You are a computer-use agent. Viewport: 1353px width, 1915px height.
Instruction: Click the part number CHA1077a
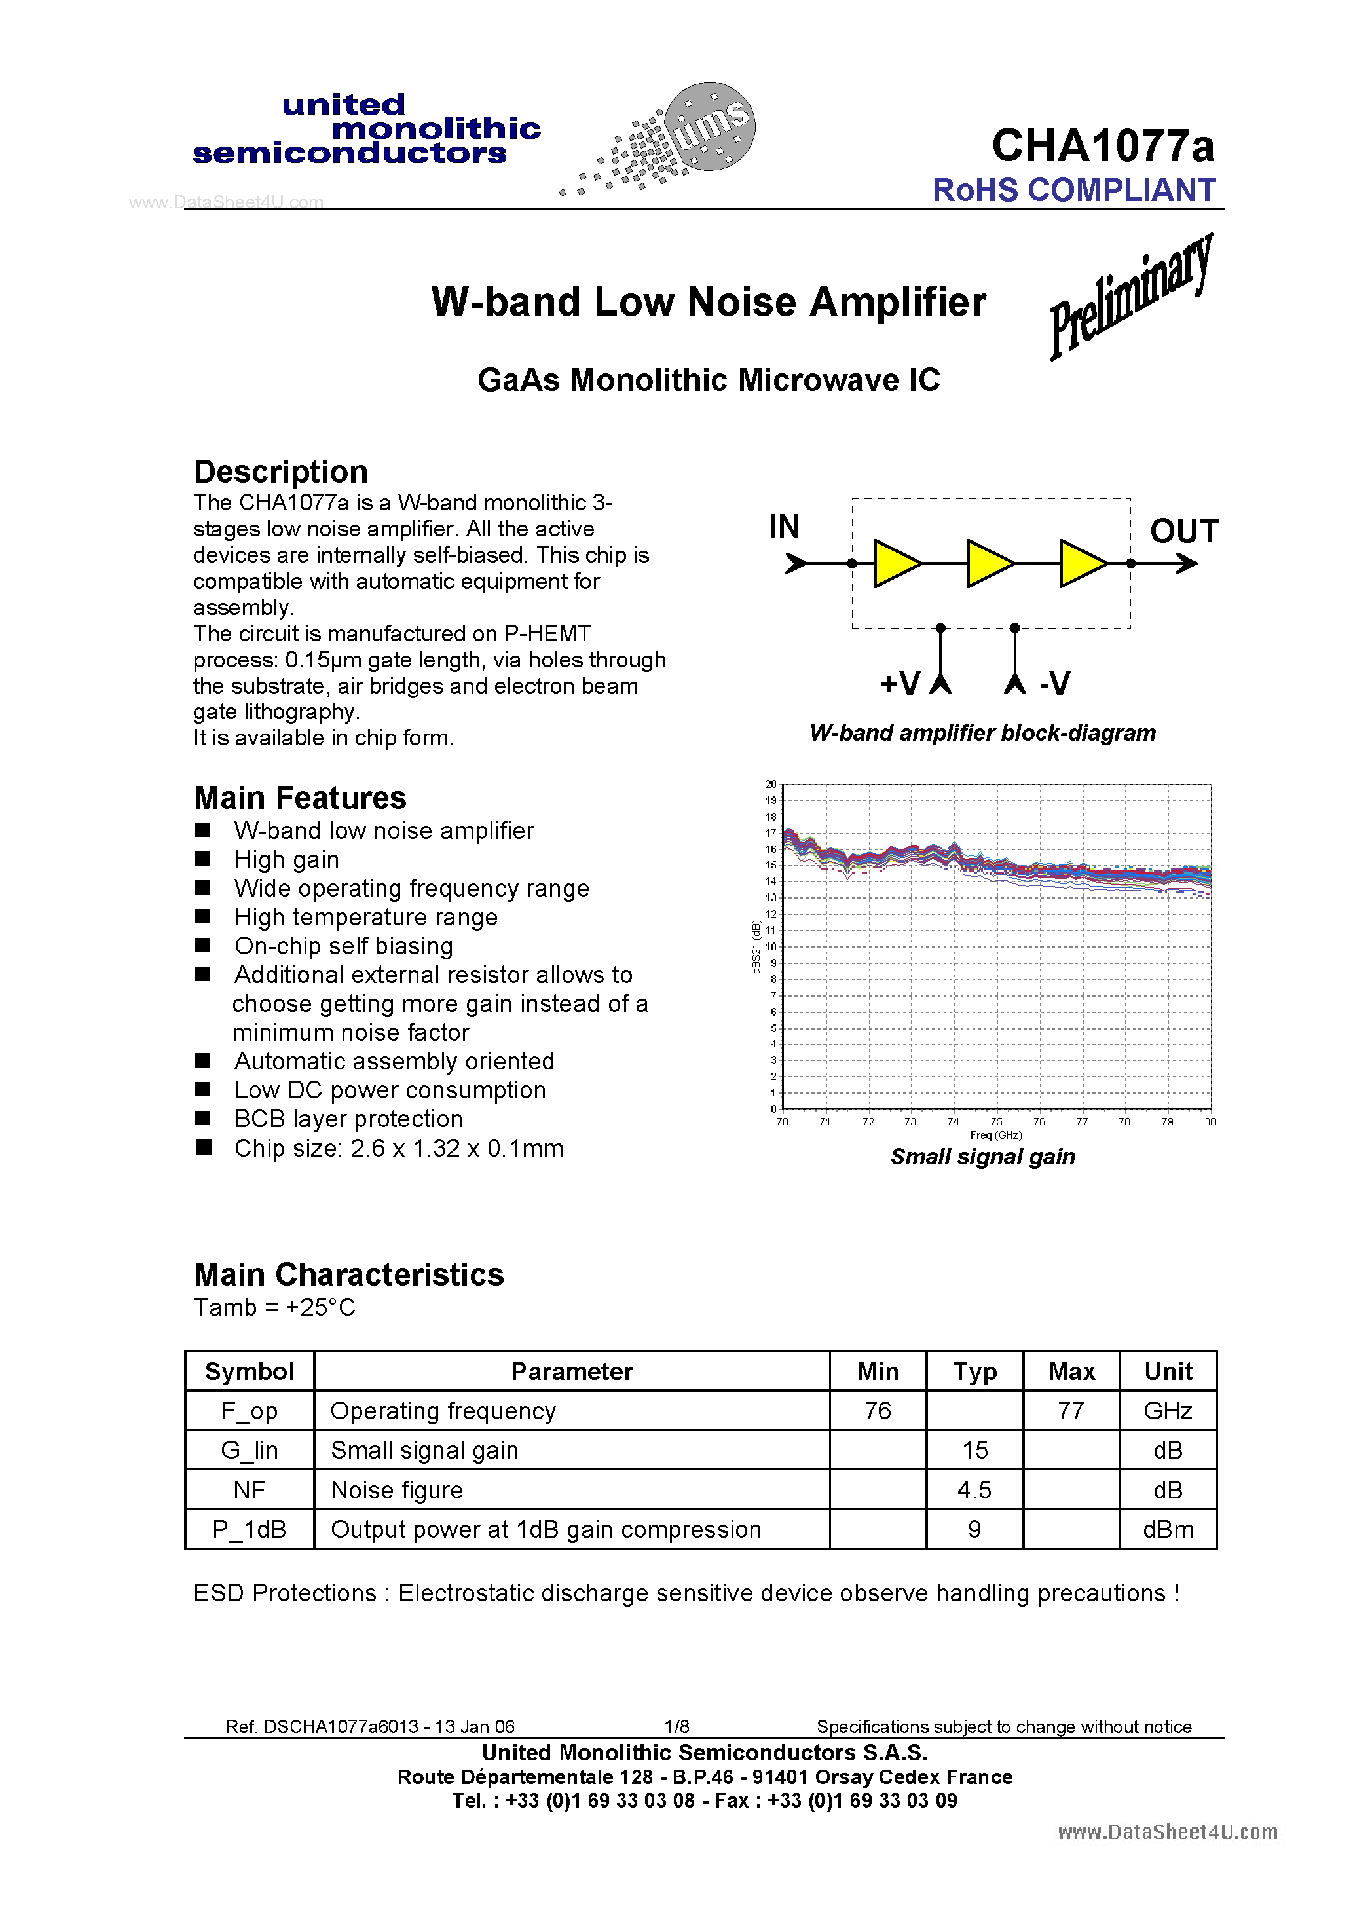[1102, 146]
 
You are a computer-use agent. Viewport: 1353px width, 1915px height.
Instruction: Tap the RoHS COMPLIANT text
[1073, 190]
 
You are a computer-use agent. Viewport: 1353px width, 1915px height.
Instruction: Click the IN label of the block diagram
[784, 527]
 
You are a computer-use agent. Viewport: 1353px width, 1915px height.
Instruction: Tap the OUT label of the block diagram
[1183, 531]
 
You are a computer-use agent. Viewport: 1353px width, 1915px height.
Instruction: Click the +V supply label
[900, 684]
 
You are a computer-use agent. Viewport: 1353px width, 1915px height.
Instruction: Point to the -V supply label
[1054, 684]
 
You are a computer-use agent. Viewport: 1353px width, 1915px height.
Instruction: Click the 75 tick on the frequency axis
[996, 1122]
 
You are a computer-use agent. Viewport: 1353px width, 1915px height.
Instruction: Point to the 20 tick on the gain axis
[771, 784]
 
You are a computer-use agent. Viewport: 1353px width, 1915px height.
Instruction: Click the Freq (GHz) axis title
[996, 1135]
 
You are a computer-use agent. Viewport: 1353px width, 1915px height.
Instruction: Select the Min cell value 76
[878, 1411]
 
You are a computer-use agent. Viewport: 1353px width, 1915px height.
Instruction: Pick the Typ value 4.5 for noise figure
[974, 1490]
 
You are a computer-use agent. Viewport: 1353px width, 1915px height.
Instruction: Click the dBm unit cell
[1168, 1530]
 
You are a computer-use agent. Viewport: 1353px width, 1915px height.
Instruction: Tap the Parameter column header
[572, 1371]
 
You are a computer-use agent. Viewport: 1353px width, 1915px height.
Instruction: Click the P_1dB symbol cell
[250, 1530]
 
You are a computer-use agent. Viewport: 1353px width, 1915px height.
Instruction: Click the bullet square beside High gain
[203, 858]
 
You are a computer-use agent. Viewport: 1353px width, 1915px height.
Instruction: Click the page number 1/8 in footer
[676, 1726]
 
